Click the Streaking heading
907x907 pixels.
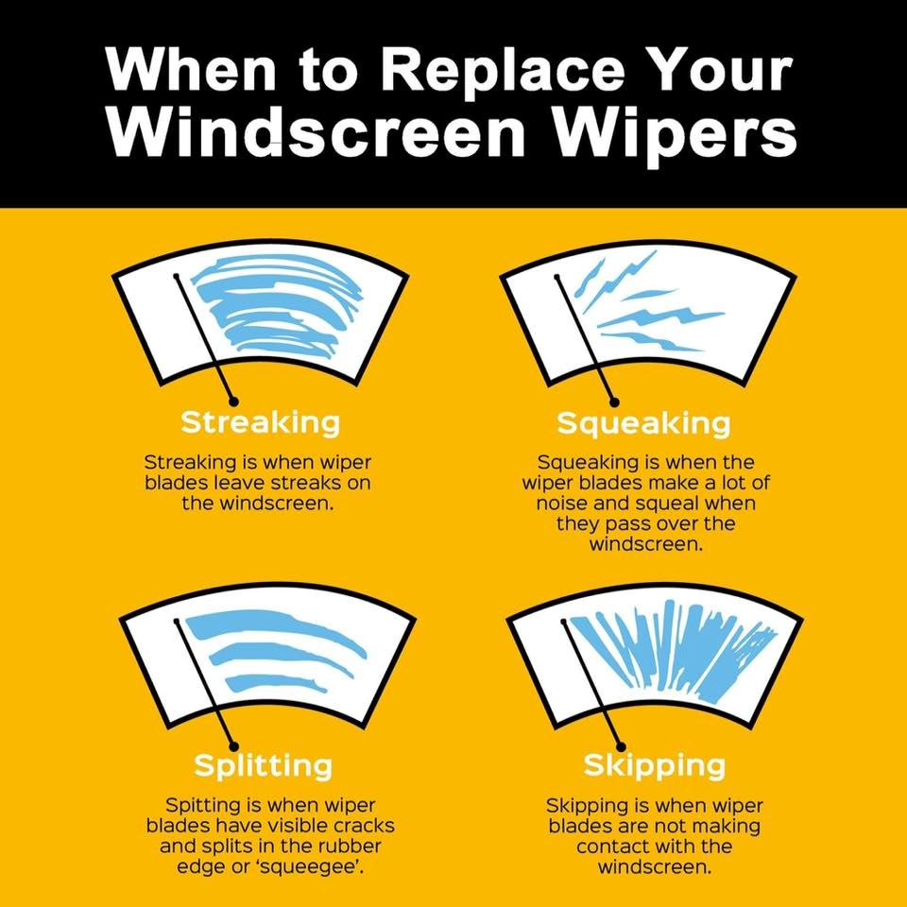click(261, 422)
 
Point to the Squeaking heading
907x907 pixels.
click(643, 424)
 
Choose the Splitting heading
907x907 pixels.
click(264, 766)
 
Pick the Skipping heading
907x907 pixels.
click(654, 766)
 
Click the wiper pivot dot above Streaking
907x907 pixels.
click(233, 401)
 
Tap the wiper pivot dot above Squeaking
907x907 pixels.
click(615, 402)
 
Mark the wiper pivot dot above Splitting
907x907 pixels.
click(234, 746)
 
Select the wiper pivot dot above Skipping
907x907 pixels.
click(622, 746)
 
